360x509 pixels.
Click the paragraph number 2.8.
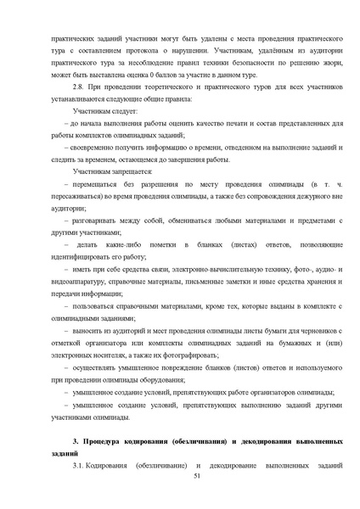point(80,87)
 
